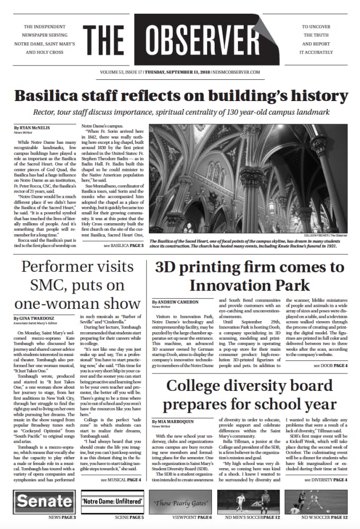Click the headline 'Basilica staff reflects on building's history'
click(180, 97)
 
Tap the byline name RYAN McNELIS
click(34, 128)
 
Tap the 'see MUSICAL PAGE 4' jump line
click(121, 479)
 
